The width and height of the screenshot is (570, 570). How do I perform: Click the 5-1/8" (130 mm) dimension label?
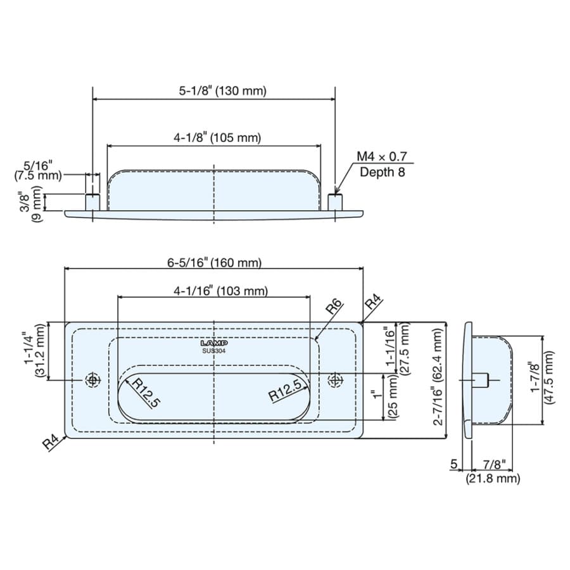pyautogui.click(x=222, y=91)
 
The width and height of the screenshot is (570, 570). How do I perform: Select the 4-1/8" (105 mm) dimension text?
pyautogui.click(x=217, y=138)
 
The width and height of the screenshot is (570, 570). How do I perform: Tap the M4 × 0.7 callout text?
pyautogui.click(x=382, y=156)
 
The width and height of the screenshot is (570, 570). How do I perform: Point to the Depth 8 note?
pyautogui.click(x=382, y=172)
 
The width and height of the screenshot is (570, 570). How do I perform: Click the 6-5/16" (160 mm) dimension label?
pyautogui.click(x=215, y=262)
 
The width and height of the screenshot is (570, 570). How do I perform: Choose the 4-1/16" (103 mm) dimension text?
pyautogui.click(x=220, y=291)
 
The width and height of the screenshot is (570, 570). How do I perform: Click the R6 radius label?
pyautogui.click(x=334, y=307)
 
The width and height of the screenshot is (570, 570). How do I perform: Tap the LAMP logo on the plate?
pyautogui.click(x=214, y=343)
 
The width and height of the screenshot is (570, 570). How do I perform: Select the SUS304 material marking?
pyautogui.click(x=214, y=351)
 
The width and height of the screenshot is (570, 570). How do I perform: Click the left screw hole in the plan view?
pyautogui.click(x=92, y=380)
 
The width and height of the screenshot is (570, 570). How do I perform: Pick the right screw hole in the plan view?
pyautogui.click(x=335, y=380)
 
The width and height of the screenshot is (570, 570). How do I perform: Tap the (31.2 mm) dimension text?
pyautogui.click(x=41, y=351)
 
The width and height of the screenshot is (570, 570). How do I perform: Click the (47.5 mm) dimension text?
pyautogui.click(x=548, y=377)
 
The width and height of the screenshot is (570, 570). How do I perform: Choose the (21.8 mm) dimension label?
pyautogui.click(x=493, y=478)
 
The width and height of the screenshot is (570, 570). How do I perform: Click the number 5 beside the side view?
pyautogui.click(x=453, y=464)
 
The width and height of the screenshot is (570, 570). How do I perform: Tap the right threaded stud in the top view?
pyautogui.click(x=335, y=202)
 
